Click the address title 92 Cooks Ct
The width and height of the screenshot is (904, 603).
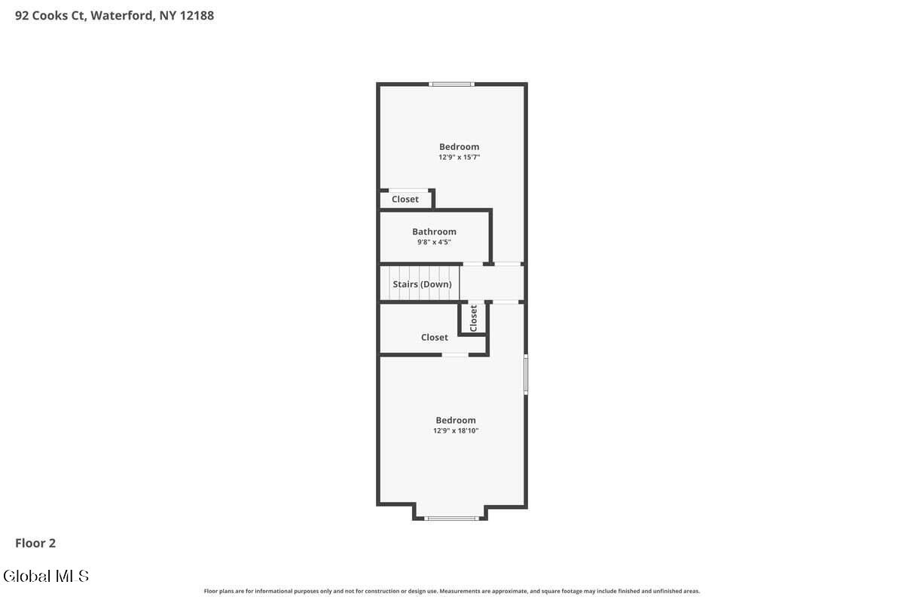[50, 16]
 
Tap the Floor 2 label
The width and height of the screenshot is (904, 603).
[35, 543]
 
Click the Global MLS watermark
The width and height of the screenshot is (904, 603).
[46, 576]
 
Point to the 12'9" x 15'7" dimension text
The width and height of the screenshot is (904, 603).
[459, 157]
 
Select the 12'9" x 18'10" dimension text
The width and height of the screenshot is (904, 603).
[456, 430]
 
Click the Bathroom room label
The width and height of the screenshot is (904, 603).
[434, 231]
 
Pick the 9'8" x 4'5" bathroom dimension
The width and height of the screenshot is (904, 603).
[434, 242]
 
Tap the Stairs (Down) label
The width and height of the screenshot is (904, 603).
[422, 284]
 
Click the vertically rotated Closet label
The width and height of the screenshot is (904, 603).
[473, 318]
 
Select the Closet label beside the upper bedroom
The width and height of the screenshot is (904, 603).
[405, 199]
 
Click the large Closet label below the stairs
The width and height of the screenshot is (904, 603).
[434, 337]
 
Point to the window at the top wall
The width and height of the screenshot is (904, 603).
[451, 84]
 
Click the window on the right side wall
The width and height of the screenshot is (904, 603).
[526, 375]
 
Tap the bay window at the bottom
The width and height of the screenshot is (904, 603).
[451, 518]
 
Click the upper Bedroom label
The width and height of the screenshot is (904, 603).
[460, 147]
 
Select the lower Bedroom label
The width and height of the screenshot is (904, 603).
[456, 420]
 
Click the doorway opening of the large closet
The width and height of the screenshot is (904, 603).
[455, 354]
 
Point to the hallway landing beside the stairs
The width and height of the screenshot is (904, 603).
[491, 283]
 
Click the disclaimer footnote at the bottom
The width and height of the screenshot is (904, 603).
[451, 591]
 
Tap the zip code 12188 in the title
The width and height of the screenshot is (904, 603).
[197, 16]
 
